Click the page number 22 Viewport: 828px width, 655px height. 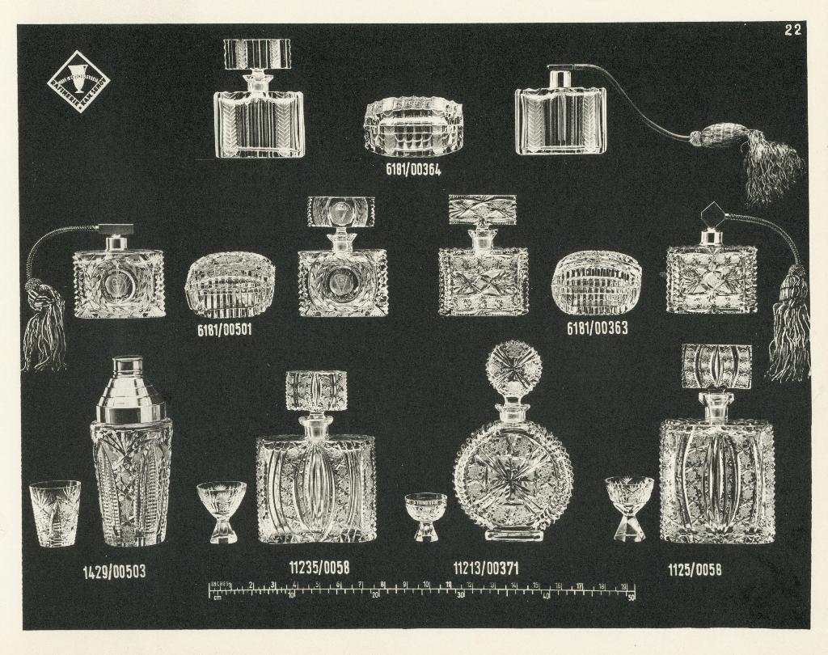pos(792,31)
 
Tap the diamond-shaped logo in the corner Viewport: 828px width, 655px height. pos(77,81)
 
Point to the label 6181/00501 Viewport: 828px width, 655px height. pos(225,330)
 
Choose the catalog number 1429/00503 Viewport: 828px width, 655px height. pos(114,573)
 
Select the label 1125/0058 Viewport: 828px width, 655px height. pos(695,570)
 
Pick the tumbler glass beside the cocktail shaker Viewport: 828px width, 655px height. pos(55,513)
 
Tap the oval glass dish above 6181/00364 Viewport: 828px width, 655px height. pos(413,126)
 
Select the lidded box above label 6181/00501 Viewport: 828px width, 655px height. pos(230,285)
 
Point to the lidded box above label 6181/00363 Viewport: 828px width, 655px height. pos(597,283)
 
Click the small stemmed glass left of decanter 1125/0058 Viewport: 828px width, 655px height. pos(629,507)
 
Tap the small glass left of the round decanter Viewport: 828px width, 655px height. pos(425,516)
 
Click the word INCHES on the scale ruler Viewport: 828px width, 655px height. pos(221,584)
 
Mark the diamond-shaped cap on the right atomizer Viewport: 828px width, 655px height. pos(714,216)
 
